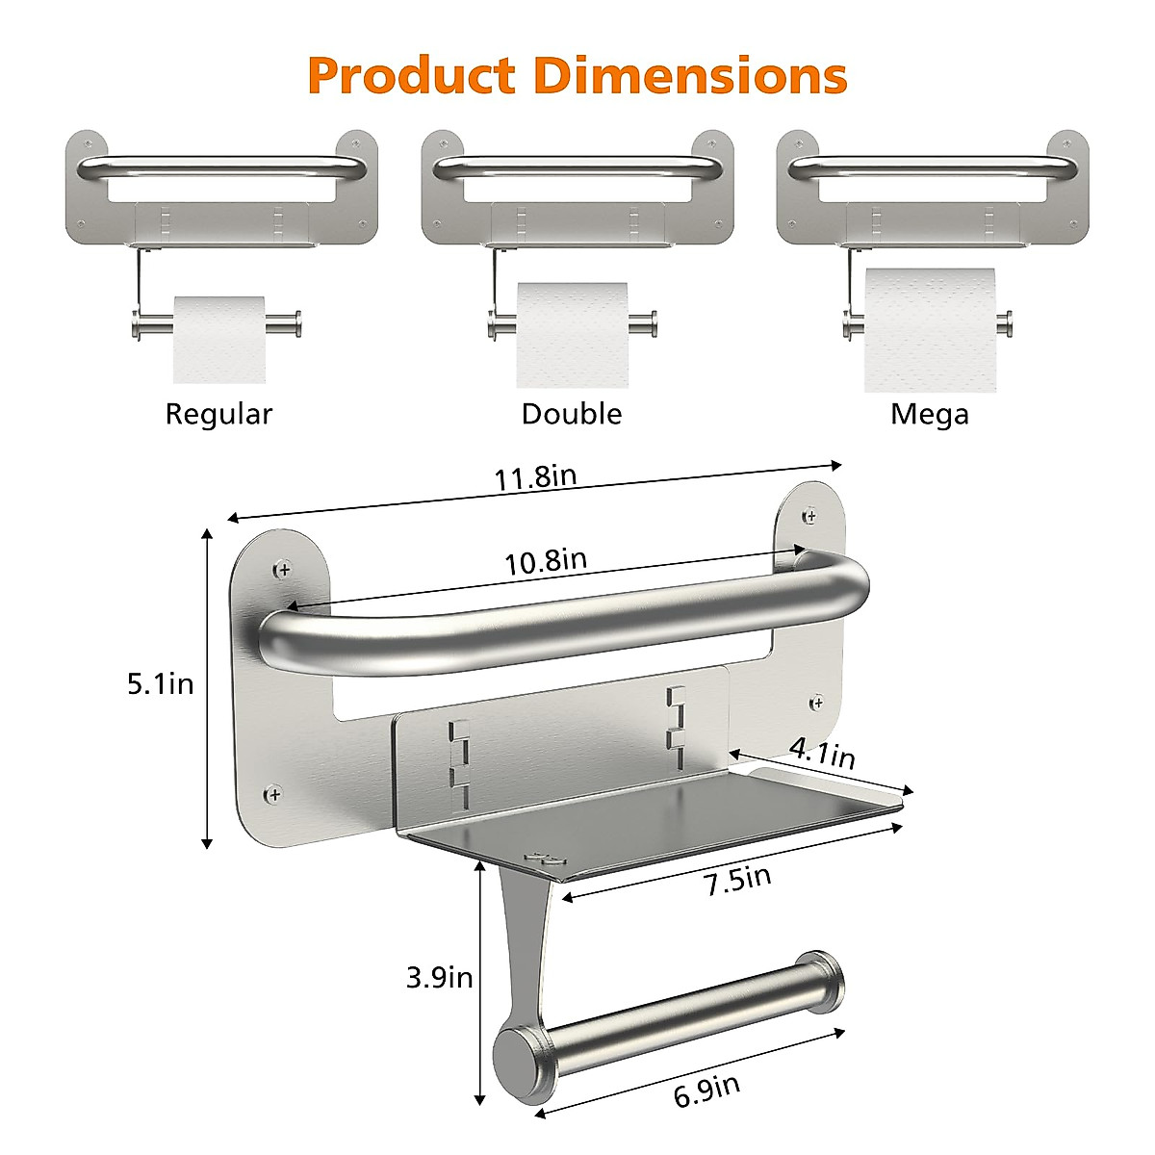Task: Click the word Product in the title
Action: pyautogui.click(x=413, y=75)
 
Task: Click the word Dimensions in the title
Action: pyautogui.click(x=690, y=75)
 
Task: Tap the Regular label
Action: pyautogui.click(x=218, y=414)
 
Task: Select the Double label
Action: pyautogui.click(x=572, y=414)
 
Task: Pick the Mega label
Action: pyautogui.click(x=929, y=414)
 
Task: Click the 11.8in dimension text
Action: pyautogui.click(x=535, y=477)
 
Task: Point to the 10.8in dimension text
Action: pyautogui.click(x=546, y=561)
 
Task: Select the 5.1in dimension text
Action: pyautogui.click(x=161, y=684)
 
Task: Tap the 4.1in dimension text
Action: pyautogui.click(x=821, y=752)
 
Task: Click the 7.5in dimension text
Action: pyautogui.click(x=737, y=880)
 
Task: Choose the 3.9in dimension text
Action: pyautogui.click(x=439, y=978)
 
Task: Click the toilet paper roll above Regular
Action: pyautogui.click(x=218, y=338)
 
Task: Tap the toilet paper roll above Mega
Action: pyautogui.click(x=929, y=329)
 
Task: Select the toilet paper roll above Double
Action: pyautogui.click(x=572, y=333)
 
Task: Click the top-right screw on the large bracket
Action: pyautogui.click(x=810, y=516)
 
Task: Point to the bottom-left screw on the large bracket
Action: pyautogui.click(x=274, y=794)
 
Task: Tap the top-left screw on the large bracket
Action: pyautogui.click(x=282, y=570)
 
